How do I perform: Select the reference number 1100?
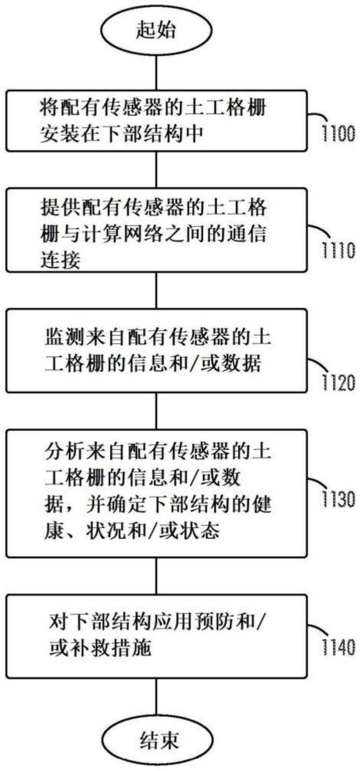[x=339, y=133]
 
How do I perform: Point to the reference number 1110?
[x=339, y=250]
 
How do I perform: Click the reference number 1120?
[x=339, y=383]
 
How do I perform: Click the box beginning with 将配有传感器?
[x=156, y=121]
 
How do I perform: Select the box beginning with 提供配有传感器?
[x=156, y=231]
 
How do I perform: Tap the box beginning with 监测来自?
[x=156, y=351]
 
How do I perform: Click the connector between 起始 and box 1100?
[x=156, y=72]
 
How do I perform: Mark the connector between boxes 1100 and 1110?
[x=156, y=170]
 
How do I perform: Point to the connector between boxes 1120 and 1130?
[x=156, y=411]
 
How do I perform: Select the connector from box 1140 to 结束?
[x=156, y=698]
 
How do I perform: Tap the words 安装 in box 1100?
[x=61, y=134]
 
